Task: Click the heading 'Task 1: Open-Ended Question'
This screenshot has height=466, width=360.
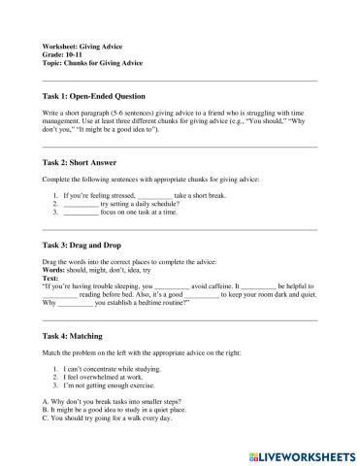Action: pos(94,96)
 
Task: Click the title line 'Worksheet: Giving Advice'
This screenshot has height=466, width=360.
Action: pos(82,47)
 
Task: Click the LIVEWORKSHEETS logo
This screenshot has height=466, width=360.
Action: pos(305,453)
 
